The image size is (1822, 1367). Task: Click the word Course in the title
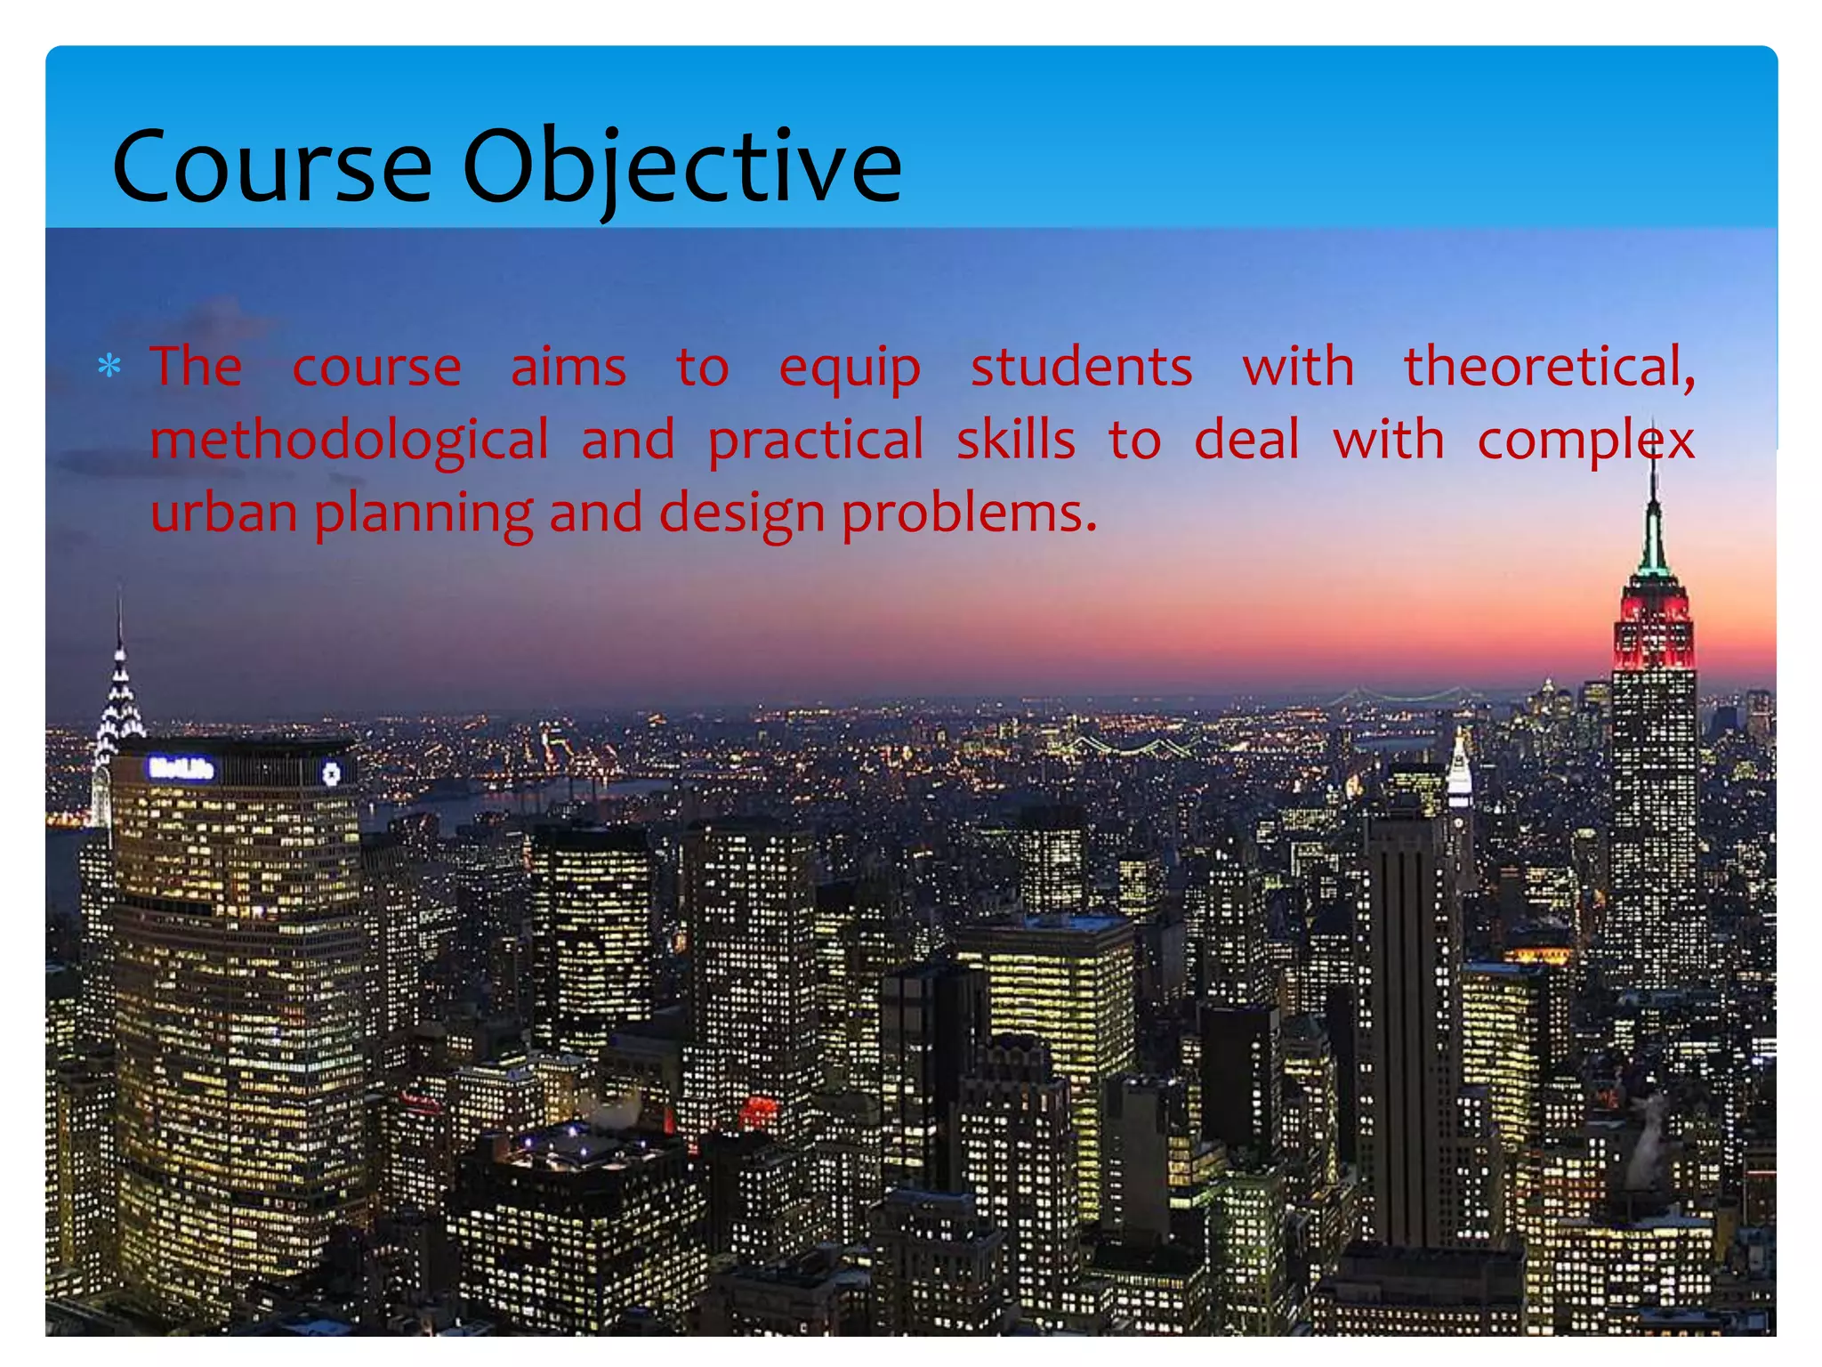[x=271, y=166]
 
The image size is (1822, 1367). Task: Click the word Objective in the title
[x=681, y=166]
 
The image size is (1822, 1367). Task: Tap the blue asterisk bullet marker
[x=109, y=367]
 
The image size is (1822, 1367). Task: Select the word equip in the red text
[x=849, y=368]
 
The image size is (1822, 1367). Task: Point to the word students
[x=1081, y=367]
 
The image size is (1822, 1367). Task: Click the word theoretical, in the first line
[x=1549, y=367]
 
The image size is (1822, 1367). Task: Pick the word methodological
[x=350, y=441]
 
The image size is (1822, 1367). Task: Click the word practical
[x=816, y=441]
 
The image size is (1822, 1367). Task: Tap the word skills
[x=1015, y=440]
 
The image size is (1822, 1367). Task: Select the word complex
[x=1585, y=441]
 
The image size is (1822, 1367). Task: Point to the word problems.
[x=968, y=514]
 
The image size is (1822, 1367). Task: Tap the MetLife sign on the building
[x=181, y=768]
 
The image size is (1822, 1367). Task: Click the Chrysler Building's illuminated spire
[x=119, y=694]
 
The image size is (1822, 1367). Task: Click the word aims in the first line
[x=568, y=367]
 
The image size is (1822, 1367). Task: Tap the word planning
[x=423, y=514]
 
